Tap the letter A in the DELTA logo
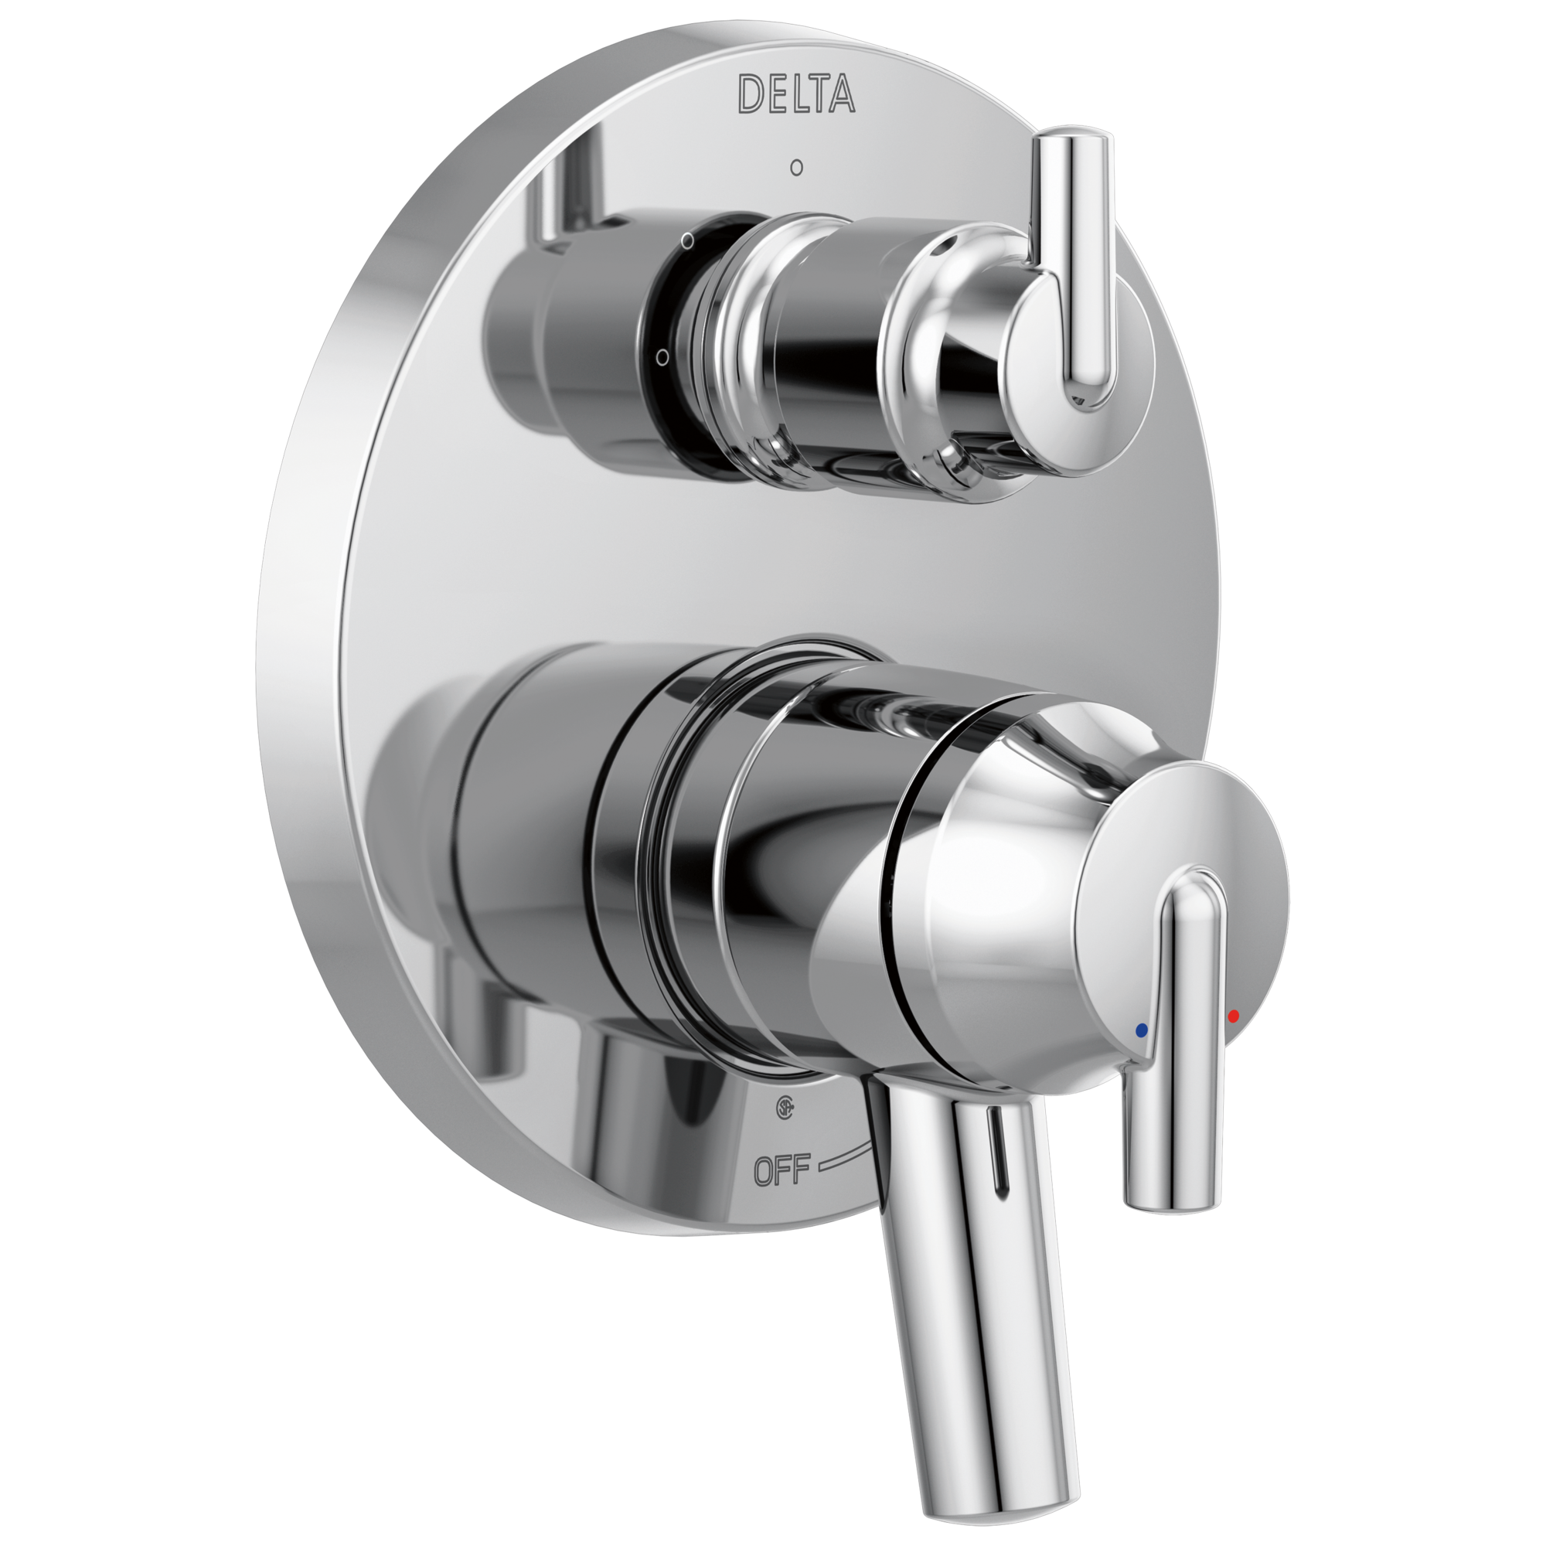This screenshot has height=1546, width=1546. click(x=839, y=94)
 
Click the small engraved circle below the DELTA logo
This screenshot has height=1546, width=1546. click(x=795, y=168)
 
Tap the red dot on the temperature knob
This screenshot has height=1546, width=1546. click(x=1232, y=1016)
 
